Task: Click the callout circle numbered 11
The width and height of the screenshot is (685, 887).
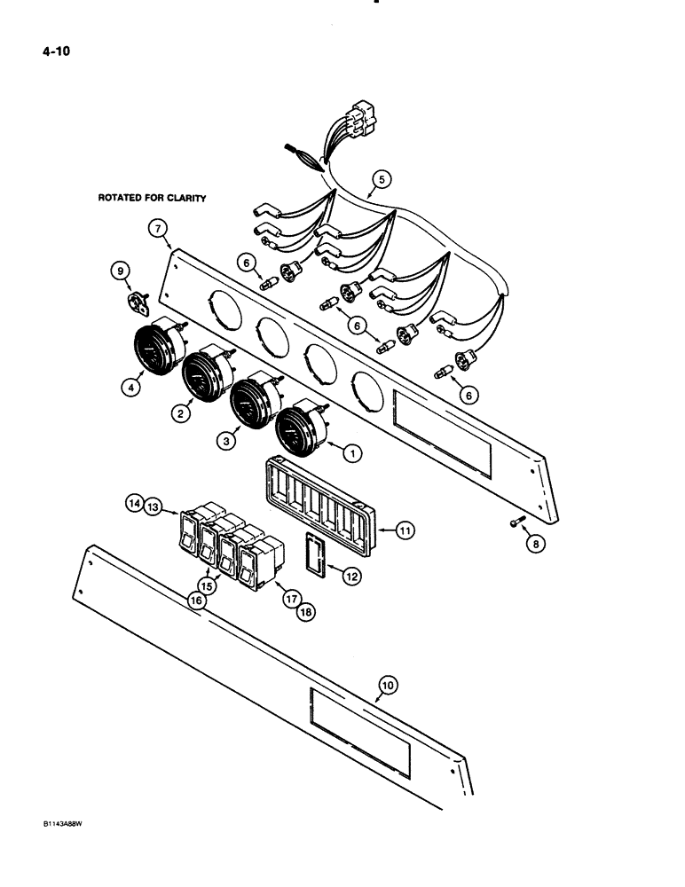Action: [x=405, y=531]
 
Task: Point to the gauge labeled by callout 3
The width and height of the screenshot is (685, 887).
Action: [x=252, y=401]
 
